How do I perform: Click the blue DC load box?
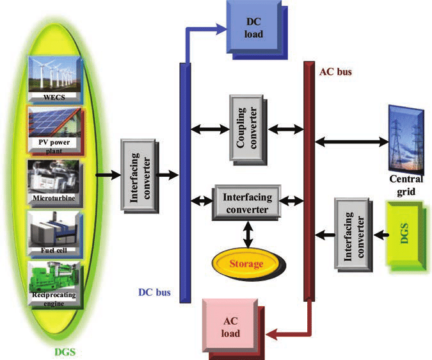click(257, 29)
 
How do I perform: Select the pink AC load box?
click(234, 329)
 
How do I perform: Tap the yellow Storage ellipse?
click(248, 264)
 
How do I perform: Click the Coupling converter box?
click(248, 130)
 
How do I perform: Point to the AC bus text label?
click(335, 72)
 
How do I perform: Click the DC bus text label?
click(154, 293)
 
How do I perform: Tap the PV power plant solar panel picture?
click(54, 130)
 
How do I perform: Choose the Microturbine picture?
click(54, 183)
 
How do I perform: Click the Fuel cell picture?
click(55, 234)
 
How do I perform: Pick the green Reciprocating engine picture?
click(56, 284)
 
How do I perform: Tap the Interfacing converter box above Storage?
click(246, 202)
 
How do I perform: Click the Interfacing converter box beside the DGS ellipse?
click(140, 176)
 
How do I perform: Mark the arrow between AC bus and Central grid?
click(351, 142)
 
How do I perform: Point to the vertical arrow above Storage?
click(248, 234)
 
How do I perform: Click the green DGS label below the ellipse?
click(65, 352)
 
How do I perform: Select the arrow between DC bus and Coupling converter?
click(210, 129)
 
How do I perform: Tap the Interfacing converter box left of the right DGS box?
click(354, 235)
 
